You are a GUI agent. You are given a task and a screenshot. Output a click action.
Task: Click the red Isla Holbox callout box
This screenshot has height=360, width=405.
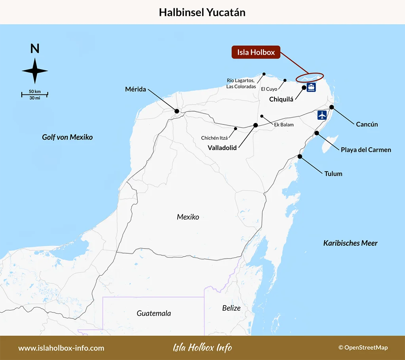(256, 52)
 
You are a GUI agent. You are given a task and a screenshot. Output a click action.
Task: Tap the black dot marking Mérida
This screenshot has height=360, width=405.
(177, 111)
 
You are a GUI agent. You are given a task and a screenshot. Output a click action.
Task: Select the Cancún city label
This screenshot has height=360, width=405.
(367, 124)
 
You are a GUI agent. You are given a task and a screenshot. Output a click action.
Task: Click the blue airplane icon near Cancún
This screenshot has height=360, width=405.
(322, 115)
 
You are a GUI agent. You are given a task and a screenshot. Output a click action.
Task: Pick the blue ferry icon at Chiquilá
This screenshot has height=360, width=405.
(311, 87)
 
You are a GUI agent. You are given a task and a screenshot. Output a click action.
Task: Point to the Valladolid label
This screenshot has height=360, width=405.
(222, 147)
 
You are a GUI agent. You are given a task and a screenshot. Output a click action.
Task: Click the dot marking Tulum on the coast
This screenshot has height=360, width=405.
(300, 156)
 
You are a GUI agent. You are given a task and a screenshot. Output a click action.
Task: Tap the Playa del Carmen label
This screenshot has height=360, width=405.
(366, 149)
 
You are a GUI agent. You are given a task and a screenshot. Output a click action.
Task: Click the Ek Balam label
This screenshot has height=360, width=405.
(284, 125)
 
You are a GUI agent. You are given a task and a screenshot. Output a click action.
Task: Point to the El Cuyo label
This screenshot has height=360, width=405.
(269, 89)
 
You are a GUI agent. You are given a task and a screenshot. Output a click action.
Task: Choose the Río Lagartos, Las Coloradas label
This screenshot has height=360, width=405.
(240, 83)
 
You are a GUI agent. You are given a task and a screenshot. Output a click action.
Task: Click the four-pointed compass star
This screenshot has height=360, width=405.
(35, 71)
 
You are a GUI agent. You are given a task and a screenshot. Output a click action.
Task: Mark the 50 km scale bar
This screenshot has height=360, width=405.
(35, 94)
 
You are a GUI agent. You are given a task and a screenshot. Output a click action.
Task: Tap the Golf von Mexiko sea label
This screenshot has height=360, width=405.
(67, 137)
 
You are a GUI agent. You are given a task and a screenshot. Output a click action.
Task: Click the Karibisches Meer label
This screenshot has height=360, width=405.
(350, 243)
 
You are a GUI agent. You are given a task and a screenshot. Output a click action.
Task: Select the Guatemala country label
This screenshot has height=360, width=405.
(154, 313)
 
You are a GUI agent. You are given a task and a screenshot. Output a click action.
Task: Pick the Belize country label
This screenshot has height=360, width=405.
(231, 308)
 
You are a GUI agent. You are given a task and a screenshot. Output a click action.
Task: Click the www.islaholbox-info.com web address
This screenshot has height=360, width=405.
(61, 348)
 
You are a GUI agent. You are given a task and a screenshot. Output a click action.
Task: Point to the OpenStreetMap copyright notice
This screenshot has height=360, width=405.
(363, 348)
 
